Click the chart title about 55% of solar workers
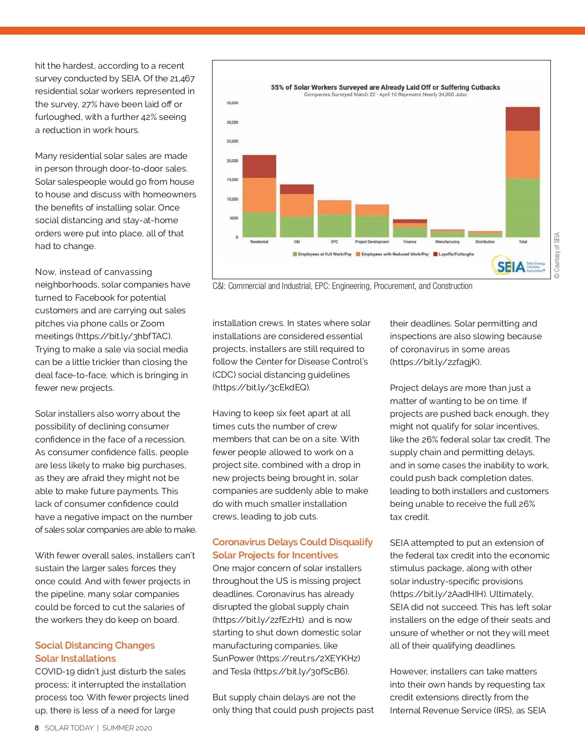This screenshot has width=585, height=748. coord(385,87)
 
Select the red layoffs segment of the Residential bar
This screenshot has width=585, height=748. coord(259,166)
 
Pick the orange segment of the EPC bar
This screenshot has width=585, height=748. coord(334,207)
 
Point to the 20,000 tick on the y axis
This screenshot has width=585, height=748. coord(232,160)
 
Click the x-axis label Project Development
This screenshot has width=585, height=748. coord(372,242)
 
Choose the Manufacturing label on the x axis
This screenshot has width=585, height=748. coord(447,242)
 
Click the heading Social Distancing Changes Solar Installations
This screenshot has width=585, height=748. coord(95,652)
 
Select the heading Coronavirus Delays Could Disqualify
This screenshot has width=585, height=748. coord(292,542)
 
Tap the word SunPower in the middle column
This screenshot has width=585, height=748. coord(233,658)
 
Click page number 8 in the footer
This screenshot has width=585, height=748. coord(37,728)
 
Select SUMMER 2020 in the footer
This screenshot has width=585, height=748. coord(127,728)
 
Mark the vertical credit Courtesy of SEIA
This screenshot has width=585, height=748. coord(557,255)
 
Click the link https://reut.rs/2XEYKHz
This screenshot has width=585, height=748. coord(310,658)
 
